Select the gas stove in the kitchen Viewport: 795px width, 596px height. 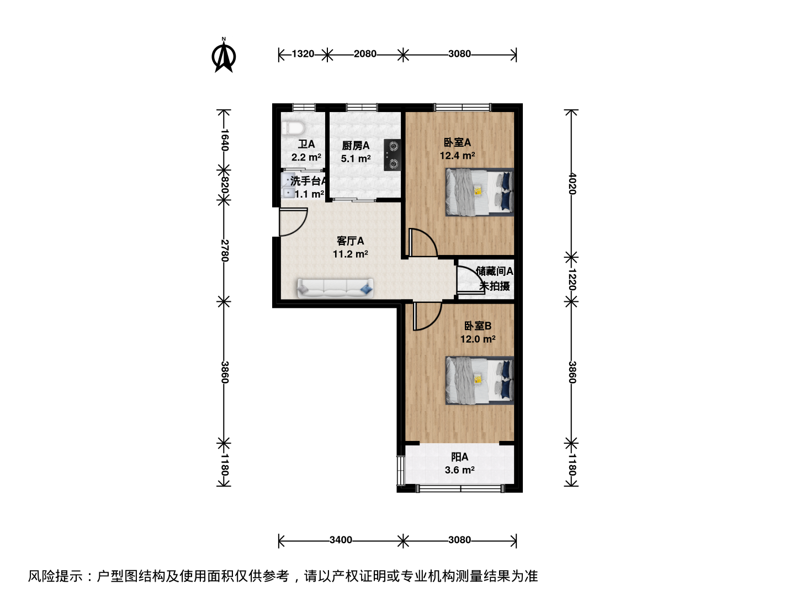[392, 155]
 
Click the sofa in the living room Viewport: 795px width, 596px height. [335, 289]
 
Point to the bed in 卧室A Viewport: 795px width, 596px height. [480, 192]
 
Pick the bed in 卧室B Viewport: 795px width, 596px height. [480, 380]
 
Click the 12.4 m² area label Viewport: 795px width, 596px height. [458, 156]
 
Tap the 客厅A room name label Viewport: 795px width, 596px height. [350, 241]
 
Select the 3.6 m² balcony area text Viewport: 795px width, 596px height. [460, 470]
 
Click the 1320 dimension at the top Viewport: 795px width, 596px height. [303, 54]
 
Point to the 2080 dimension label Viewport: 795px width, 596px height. [365, 54]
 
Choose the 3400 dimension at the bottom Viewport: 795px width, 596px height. [341, 540]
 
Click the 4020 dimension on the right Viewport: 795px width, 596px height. [571, 183]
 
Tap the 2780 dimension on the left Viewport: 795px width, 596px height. [225, 251]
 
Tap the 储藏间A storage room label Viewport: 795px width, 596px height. [494, 271]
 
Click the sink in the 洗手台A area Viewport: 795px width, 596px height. [288, 185]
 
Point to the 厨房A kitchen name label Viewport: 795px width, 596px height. [356, 146]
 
